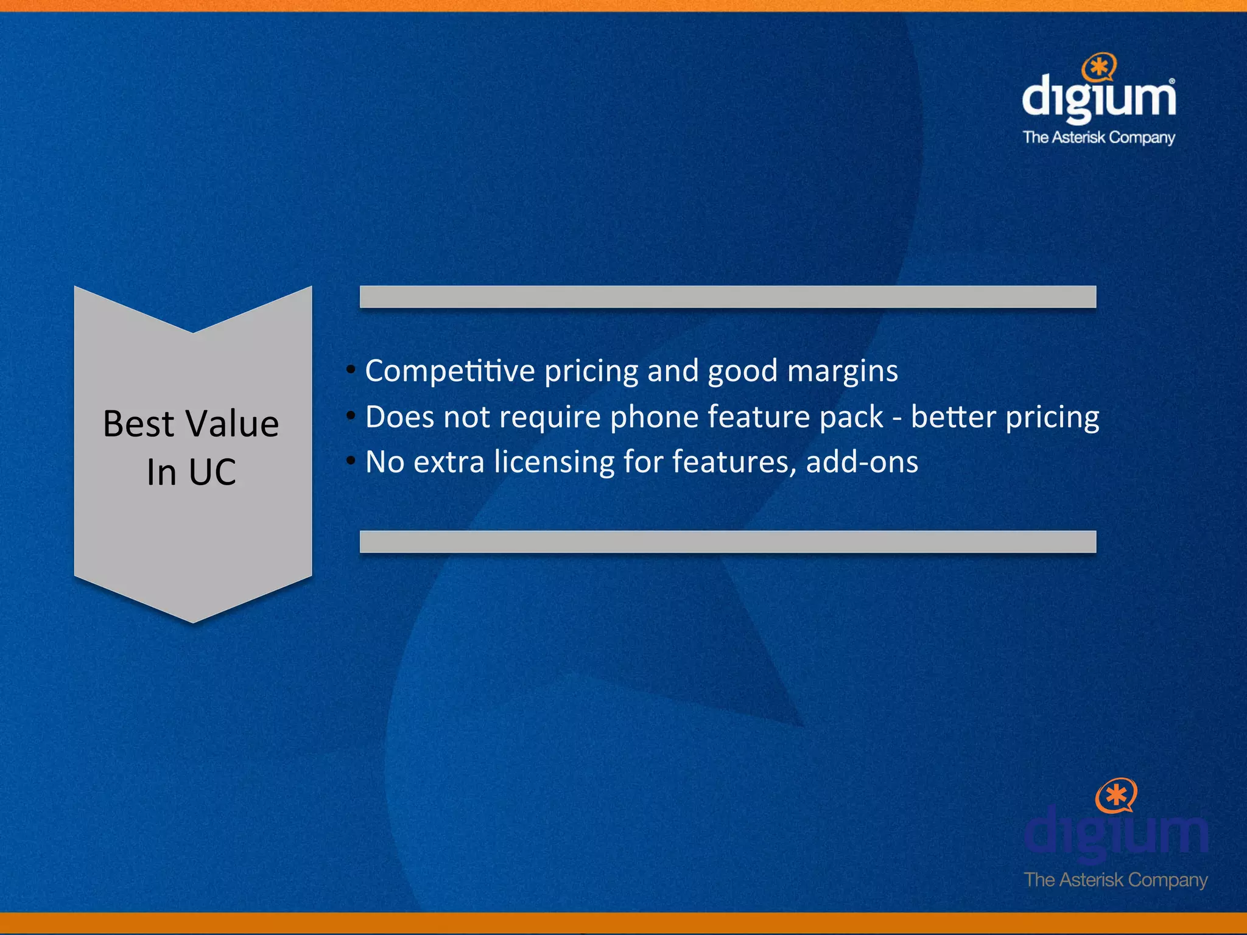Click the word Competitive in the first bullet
click(449, 371)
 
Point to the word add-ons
click(862, 462)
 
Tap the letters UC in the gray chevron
click(212, 472)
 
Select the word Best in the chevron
click(139, 424)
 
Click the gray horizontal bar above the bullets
click(728, 296)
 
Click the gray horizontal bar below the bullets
click(728, 541)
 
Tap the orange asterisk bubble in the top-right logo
click(1100, 67)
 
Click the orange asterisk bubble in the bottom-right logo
click(1116, 794)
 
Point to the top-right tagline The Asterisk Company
click(1098, 138)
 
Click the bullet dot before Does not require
click(351, 416)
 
